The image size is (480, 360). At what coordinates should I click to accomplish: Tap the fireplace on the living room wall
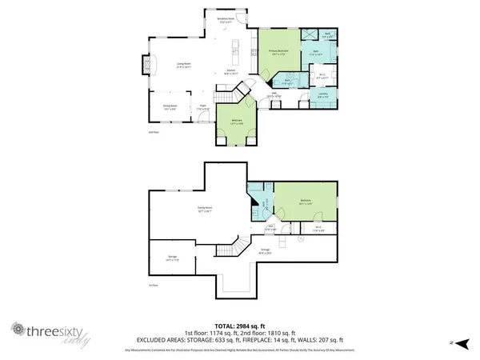[144, 63]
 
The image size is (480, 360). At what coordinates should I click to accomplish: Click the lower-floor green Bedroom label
[305, 202]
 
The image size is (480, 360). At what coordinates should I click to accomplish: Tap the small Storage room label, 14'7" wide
[170, 258]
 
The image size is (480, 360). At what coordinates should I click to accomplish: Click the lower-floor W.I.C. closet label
[318, 228]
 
